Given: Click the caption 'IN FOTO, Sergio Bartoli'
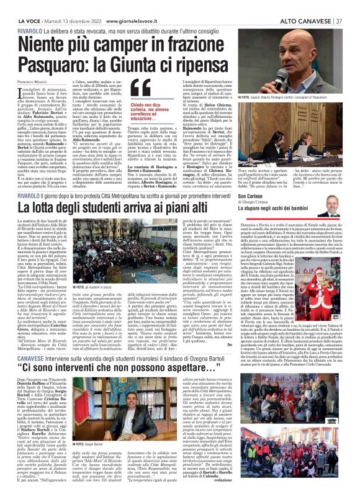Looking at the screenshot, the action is point(88,480).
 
